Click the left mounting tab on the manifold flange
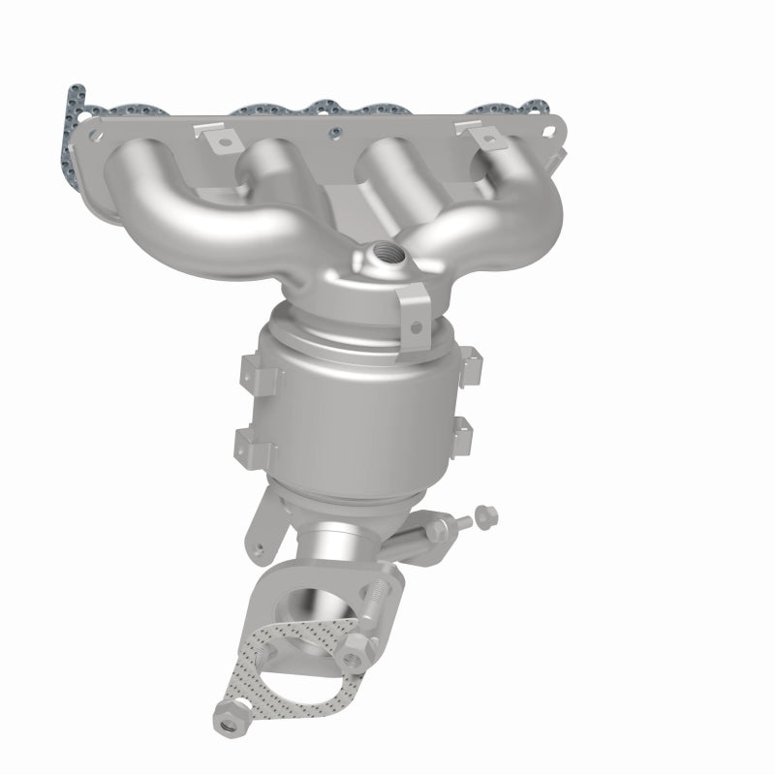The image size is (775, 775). click(224, 141)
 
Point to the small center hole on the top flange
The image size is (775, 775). click(334, 133)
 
